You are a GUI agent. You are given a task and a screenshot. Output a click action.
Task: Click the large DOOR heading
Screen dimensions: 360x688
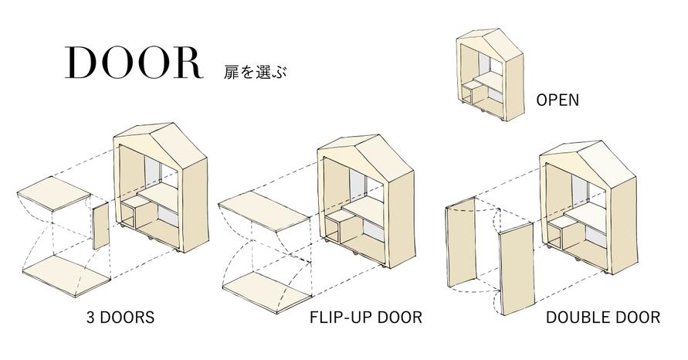coord(134,63)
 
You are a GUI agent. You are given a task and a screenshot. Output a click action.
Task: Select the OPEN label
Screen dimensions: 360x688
coord(557,100)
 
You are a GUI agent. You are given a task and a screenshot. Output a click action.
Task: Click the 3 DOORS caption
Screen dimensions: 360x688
coord(120,318)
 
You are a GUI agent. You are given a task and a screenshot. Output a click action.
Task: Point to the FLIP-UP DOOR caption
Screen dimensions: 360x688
coord(366,318)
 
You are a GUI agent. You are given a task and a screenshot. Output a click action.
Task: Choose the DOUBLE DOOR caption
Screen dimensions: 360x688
coord(602,318)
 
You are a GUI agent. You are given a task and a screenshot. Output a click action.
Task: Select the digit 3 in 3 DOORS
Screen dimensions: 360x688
coord(91,318)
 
